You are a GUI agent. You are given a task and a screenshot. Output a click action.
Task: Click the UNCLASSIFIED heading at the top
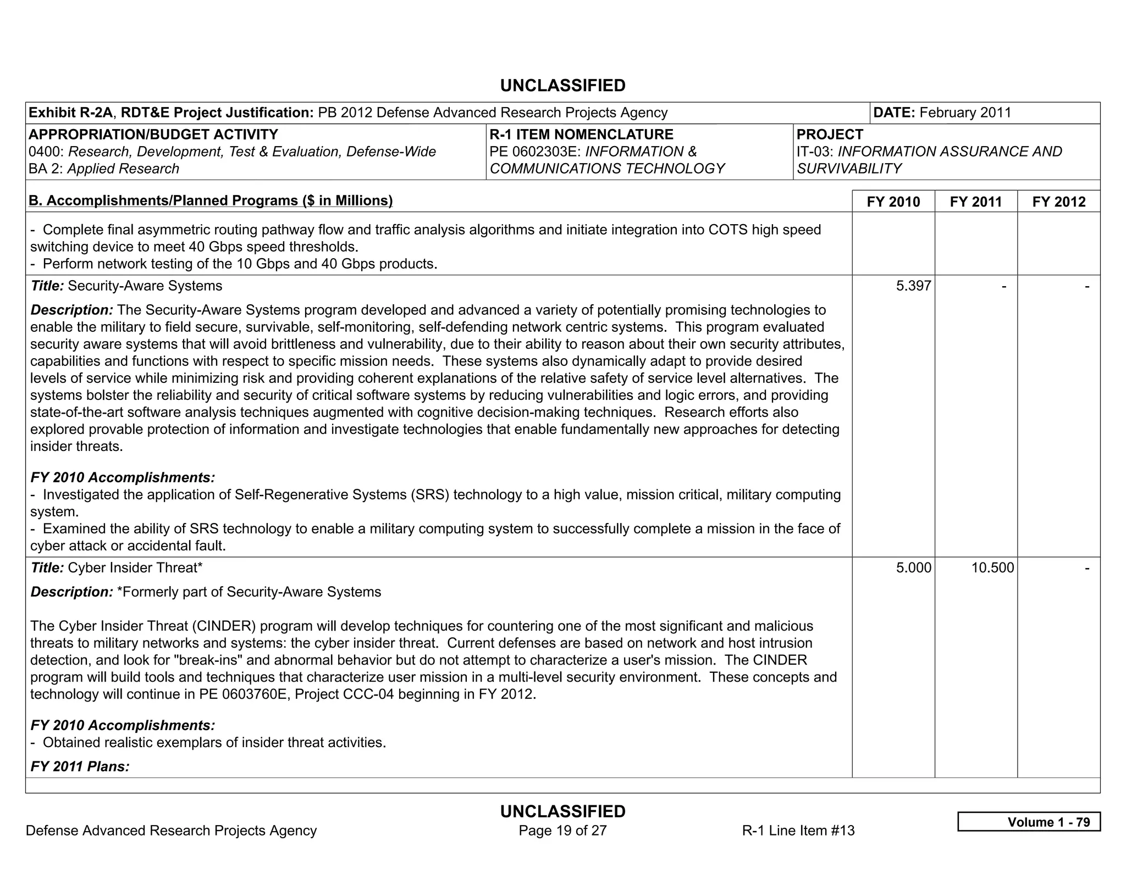pyautogui.click(x=562, y=86)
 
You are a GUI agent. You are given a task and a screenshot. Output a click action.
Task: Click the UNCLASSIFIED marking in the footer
pyautogui.click(x=562, y=811)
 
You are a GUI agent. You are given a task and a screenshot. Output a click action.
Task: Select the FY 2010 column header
pyautogui.click(x=893, y=202)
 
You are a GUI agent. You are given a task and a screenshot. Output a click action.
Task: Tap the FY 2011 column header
pyautogui.click(x=975, y=202)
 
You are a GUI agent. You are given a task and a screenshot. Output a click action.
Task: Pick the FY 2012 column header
pyautogui.click(x=1058, y=202)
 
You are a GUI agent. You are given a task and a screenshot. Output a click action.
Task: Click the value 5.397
pyautogui.click(x=913, y=286)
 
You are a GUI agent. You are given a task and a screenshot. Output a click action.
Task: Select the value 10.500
pyautogui.click(x=992, y=567)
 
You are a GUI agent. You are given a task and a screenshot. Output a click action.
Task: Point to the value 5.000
pyautogui.click(x=913, y=567)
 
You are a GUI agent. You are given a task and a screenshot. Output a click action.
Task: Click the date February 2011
pyautogui.click(x=965, y=113)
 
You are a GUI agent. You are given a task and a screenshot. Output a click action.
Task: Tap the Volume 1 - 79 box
pyautogui.click(x=1029, y=822)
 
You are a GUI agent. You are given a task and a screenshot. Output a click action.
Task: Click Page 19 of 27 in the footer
pyautogui.click(x=562, y=830)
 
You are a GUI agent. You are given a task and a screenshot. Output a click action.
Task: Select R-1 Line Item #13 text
pyautogui.click(x=798, y=830)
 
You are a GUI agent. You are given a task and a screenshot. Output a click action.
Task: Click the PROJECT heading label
pyautogui.click(x=830, y=135)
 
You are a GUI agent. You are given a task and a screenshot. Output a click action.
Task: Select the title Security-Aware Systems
pyautogui.click(x=145, y=286)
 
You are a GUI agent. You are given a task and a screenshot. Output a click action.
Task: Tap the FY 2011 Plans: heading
pyautogui.click(x=80, y=766)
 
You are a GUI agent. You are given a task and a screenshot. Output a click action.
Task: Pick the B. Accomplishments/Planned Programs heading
pyautogui.click(x=211, y=200)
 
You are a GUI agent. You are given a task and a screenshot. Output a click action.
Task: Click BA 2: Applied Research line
pyautogui.click(x=104, y=169)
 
